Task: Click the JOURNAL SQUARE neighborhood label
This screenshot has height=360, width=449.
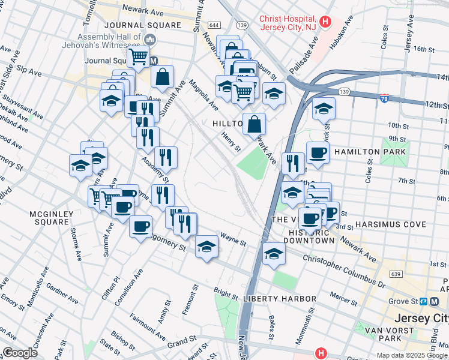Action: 142,25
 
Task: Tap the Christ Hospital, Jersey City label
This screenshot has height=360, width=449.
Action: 288,22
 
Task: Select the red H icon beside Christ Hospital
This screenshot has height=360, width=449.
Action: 325,22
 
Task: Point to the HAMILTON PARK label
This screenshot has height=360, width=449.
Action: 370,152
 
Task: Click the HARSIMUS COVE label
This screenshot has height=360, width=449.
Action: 390,224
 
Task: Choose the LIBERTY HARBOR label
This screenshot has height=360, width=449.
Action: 279,299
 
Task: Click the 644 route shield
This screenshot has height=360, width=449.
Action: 214,25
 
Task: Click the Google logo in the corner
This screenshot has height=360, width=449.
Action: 19,353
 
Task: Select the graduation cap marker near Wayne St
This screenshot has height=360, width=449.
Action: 206,247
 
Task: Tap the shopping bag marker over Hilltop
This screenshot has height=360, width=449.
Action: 255,124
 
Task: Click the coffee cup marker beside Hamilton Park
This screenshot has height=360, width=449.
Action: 318,152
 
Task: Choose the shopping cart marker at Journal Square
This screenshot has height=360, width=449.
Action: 139,57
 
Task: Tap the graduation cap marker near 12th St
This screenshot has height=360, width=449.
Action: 324,109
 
